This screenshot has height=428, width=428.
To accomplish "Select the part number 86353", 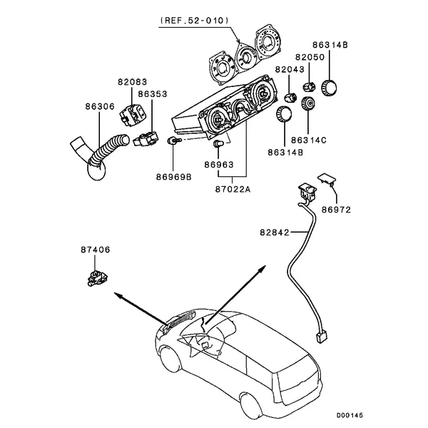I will tap(153, 93).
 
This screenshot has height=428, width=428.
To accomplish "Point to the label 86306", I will tap(99, 106).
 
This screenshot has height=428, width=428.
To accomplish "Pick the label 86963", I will tap(218, 163).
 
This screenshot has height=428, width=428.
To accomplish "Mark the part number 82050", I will tap(310, 56).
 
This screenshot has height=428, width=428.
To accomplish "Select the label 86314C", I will tap(310, 141).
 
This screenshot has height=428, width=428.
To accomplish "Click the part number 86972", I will tap(336, 210).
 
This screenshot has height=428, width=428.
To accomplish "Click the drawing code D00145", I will tap(350, 414).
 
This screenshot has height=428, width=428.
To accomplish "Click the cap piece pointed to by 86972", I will tap(327, 179).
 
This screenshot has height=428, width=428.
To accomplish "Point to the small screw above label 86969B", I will tap(171, 143).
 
